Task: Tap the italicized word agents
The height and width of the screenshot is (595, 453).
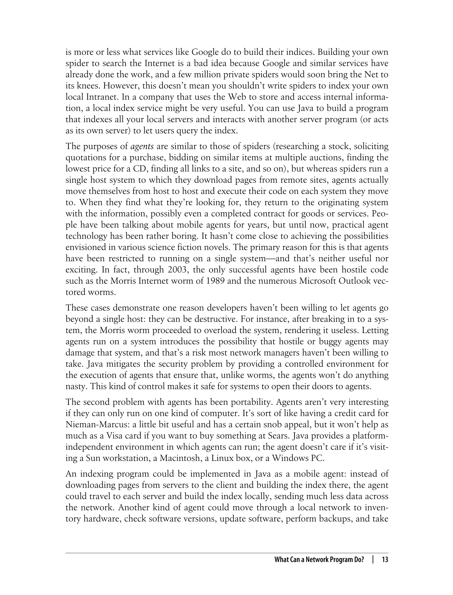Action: click(142, 146)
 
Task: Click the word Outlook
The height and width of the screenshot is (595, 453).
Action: click(355, 281)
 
